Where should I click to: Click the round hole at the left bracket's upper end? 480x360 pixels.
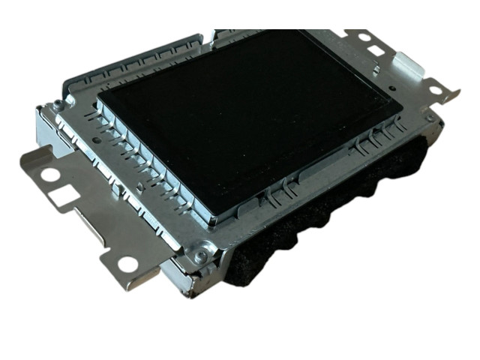(49, 175)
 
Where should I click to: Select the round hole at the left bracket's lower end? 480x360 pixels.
(127, 264)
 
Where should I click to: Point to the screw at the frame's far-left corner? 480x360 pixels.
(57, 104)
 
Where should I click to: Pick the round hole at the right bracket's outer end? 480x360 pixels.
(434, 91)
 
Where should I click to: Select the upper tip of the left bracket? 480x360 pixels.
(27, 155)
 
